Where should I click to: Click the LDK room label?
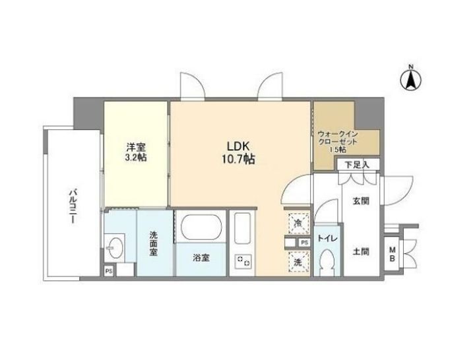pyautogui.click(x=238, y=146)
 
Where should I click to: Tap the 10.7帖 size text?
pyautogui.click(x=238, y=160)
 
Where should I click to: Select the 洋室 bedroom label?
pyautogui.click(x=136, y=148)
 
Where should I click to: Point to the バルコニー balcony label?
pyautogui.click(x=73, y=206)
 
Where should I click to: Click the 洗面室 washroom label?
pyautogui.click(x=153, y=243)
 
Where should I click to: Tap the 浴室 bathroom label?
pyautogui.click(x=201, y=258)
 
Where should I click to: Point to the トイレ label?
pyautogui.click(x=327, y=239)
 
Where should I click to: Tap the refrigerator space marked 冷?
pyautogui.click(x=298, y=224)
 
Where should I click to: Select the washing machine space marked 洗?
pyautogui.click(x=298, y=262)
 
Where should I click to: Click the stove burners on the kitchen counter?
pyautogui.click(x=244, y=262)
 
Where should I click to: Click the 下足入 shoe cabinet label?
pyautogui.click(x=358, y=165)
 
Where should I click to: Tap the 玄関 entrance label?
pyautogui.click(x=361, y=200)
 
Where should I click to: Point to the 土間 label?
pyautogui.click(x=361, y=251)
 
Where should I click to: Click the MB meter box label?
pyautogui.click(x=393, y=255)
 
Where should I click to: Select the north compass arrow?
pyautogui.click(x=411, y=80)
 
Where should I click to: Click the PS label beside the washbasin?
pyautogui.click(x=109, y=271)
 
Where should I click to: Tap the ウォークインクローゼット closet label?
pyautogui.click(x=338, y=141)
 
